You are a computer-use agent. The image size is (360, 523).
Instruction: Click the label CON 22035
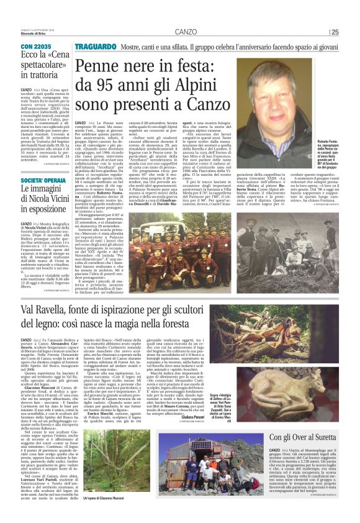[37, 47]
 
